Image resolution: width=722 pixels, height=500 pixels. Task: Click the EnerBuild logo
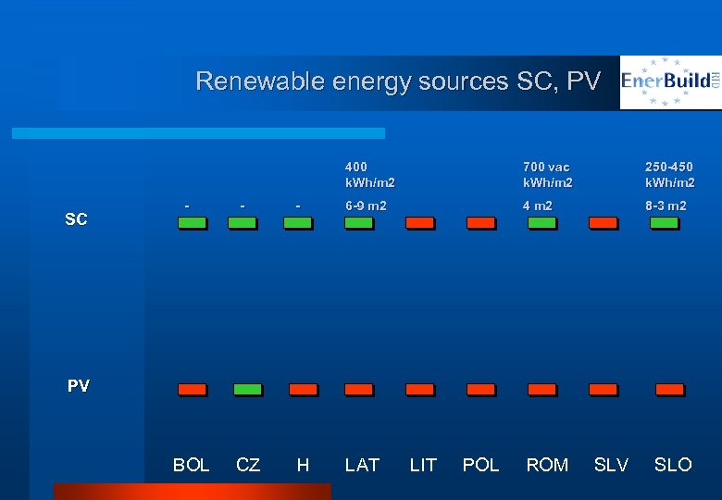click(x=670, y=81)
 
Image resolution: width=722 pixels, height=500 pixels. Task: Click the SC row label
click(x=76, y=219)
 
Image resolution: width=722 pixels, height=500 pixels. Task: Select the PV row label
click(x=79, y=386)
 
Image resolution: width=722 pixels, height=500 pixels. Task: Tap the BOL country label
click(x=192, y=465)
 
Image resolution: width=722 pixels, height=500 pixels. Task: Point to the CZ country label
click(x=248, y=465)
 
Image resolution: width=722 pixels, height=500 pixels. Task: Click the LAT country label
click(x=362, y=465)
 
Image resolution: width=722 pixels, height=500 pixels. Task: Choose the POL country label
click(x=480, y=465)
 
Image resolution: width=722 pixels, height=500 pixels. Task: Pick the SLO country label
click(x=673, y=465)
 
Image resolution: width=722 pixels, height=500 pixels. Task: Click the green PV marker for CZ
click(x=247, y=390)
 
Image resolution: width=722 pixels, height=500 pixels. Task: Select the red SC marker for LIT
click(x=419, y=223)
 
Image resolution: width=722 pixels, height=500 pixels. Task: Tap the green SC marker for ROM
click(x=541, y=223)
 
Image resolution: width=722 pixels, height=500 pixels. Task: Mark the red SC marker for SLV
click(x=603, y=223)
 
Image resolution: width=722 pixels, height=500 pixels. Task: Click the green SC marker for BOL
click(x=192, y=223)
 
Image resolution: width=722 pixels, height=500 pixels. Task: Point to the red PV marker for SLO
click(x=669, y=390)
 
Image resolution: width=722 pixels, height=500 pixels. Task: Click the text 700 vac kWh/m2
click(x=547, y=174)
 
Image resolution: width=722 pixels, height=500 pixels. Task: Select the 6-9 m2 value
click(x=366, y=206)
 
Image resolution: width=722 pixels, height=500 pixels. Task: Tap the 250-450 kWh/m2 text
click(x=669, y=174)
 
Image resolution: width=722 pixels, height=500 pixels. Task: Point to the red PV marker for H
click(x=303, y=390)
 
